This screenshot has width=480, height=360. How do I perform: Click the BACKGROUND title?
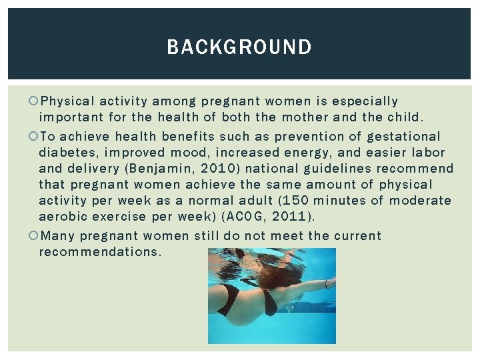pyautogui.click(x=239, y=47)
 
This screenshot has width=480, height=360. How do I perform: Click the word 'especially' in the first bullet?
pyautogui.click(x=365, y=101)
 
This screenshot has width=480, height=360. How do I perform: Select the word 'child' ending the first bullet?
pyautogui.click(x=403, y=118)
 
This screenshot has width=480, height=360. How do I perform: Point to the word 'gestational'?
pyautogui.click(x=404, y=136)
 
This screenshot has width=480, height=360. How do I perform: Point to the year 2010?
pyautogui.click(x=213, y=169)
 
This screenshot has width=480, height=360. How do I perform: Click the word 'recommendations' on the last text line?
pyautogui.click(x=100, y=252)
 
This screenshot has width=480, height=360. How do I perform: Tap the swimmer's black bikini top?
pyautogui.click(x=270, y=302)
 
